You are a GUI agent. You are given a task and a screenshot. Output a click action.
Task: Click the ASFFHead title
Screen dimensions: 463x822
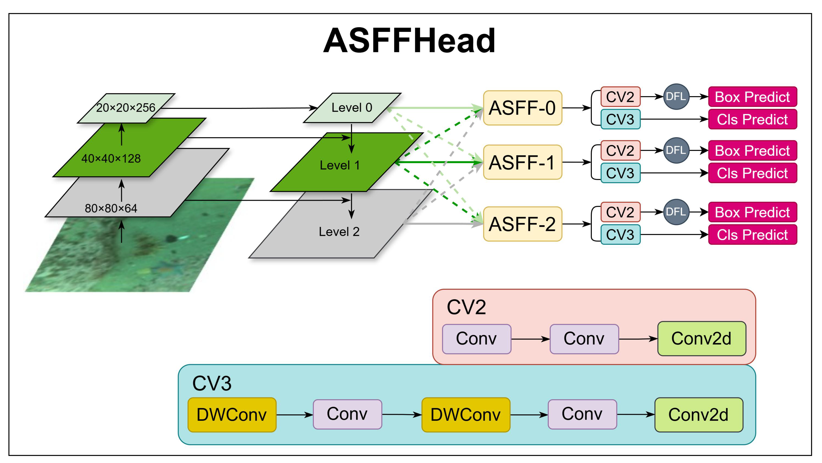409,41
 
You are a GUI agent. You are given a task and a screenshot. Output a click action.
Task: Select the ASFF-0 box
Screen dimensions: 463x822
522,108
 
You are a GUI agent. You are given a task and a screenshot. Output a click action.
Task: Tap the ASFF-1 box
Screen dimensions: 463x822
522,162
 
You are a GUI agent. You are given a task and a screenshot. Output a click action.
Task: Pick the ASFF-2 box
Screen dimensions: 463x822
522,224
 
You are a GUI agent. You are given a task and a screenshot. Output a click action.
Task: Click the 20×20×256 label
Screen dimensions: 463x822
126,108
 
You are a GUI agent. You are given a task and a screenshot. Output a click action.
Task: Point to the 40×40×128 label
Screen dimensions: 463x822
111,158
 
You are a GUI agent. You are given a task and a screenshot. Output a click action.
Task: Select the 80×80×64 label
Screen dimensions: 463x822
111,208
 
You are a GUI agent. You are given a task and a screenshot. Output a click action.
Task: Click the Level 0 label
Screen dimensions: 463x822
352,107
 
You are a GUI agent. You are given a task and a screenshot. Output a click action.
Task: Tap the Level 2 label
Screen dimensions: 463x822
339,232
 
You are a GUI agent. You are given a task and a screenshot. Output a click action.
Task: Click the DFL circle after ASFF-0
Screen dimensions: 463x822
676,97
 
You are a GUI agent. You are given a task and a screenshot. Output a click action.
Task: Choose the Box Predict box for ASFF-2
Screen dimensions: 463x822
752,212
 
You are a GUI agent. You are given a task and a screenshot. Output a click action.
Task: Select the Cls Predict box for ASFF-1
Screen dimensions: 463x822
752,173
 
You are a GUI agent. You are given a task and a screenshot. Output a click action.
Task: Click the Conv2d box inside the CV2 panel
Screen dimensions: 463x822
701,339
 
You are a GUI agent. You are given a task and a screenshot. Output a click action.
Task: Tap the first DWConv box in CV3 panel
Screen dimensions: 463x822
232,415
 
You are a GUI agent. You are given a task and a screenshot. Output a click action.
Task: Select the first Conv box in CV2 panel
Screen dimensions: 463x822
476,339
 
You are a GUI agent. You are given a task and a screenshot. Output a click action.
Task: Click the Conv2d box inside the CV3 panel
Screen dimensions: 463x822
698,415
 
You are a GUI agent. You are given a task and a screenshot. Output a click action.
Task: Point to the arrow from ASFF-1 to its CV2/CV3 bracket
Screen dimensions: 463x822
576,162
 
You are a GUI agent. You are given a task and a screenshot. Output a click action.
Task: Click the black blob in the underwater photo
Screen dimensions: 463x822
172,238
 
